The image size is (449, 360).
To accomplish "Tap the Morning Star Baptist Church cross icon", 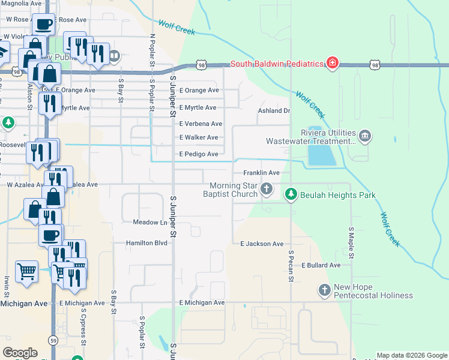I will click(267, 190).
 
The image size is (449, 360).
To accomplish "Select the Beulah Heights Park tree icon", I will click(291, 195).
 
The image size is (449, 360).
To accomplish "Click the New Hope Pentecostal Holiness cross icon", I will click(325, 290).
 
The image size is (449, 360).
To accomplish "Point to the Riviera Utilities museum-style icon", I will click(365, 137).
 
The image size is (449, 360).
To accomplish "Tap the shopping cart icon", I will click(26, 271).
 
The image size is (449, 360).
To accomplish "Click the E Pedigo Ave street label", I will click(199, 154).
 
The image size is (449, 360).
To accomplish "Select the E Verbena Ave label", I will click(200, 124).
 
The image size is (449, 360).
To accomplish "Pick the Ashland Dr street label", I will click(274, 111).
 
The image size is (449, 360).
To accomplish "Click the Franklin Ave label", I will click(261, 173).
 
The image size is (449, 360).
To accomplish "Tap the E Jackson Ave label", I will click(261, 244).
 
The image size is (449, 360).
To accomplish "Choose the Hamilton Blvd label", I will click(146, 243).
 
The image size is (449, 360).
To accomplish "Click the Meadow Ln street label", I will click(149, 223).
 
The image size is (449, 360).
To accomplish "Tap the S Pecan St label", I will click(291, 266).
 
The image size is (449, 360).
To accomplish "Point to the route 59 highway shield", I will click(53, 341).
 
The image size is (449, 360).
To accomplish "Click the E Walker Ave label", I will click(199, 137).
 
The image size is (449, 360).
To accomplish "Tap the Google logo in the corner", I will click(20, 353).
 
